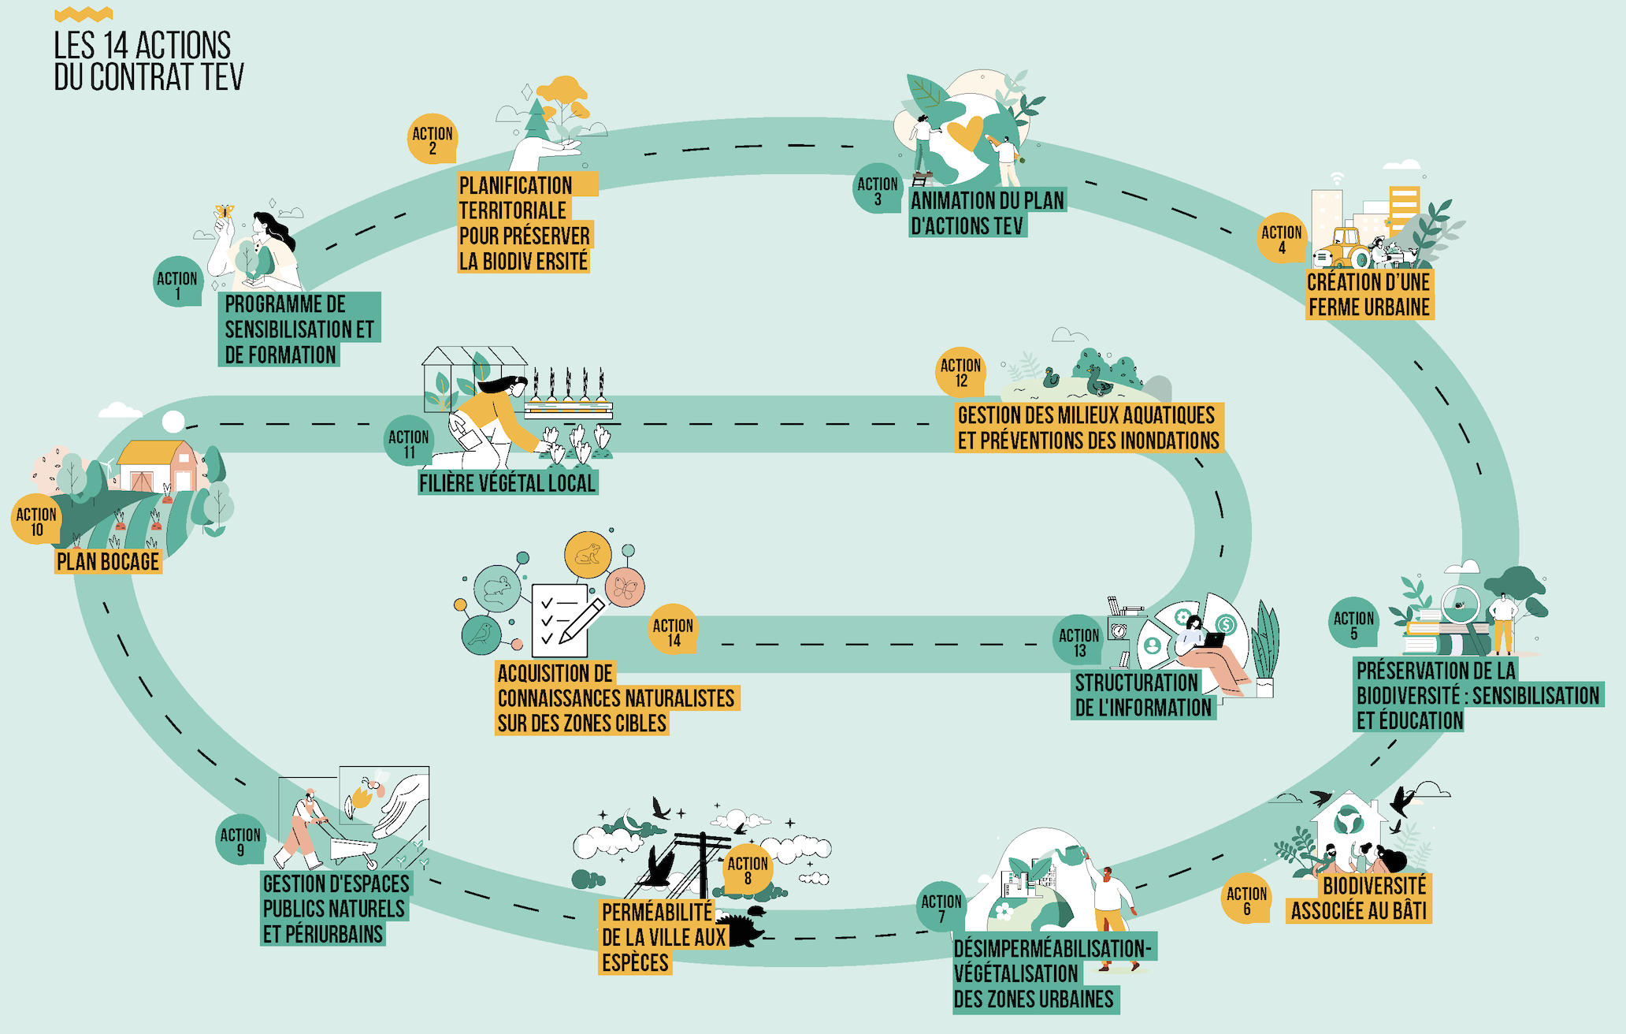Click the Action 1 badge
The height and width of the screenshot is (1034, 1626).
pos(177,282)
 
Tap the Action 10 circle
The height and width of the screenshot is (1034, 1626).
pos(36,519)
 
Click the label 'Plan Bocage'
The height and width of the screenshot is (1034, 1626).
pos(108,562)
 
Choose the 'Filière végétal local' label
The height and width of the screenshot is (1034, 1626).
pos(507,482)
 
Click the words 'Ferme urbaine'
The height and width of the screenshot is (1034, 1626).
pos(1368,307)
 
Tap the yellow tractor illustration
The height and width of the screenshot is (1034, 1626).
pos(1342,248)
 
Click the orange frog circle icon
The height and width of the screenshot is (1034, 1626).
pos(588,554)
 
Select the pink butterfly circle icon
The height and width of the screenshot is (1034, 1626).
pos(625,587)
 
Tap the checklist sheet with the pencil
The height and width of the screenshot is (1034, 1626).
pos(561,619)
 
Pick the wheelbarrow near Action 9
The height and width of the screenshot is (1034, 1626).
pos(351,850)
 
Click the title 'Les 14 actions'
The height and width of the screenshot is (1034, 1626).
pos(143,46)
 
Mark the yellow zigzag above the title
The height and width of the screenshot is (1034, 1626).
pos(84,14)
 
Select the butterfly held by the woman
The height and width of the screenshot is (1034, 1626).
pos(224,212)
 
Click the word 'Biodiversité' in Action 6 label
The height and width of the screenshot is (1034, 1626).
pos(1374,886)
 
